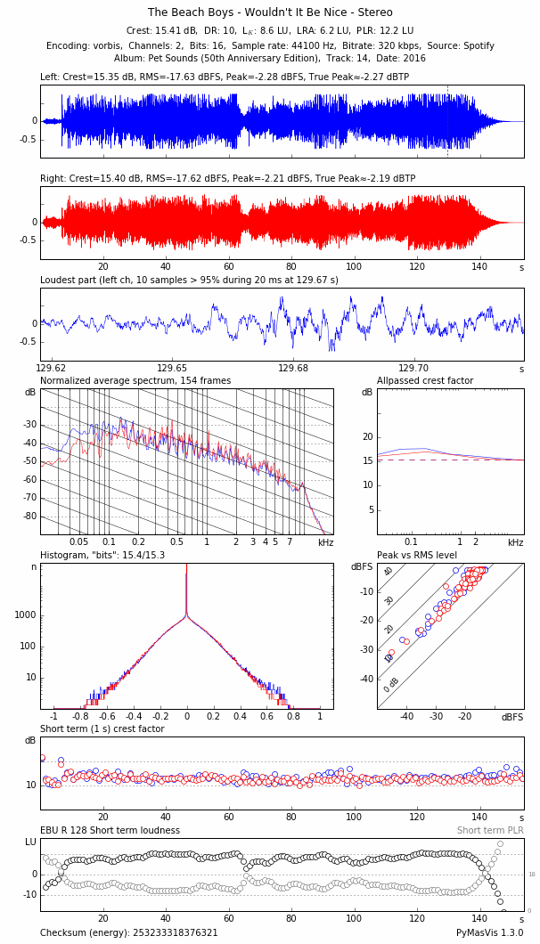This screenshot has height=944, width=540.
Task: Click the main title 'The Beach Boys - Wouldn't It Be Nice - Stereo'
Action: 270,12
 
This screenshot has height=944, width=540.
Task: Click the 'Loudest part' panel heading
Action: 189,280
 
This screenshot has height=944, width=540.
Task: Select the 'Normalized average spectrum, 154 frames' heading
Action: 135,381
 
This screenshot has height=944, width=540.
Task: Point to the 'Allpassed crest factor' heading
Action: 425,381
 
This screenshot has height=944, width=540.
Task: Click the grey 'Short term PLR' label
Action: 490,831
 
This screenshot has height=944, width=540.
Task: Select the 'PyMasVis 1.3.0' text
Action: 490,933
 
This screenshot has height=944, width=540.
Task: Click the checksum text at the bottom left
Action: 129,933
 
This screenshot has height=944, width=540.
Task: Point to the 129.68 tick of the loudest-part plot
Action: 293,368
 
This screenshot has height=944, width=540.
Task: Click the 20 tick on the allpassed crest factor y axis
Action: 365,437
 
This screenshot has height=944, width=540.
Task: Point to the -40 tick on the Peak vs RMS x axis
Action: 406,717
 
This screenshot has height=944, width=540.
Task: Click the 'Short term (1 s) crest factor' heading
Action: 102,729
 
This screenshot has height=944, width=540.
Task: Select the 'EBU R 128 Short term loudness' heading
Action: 110,831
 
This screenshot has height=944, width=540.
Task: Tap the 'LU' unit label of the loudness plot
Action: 30,842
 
